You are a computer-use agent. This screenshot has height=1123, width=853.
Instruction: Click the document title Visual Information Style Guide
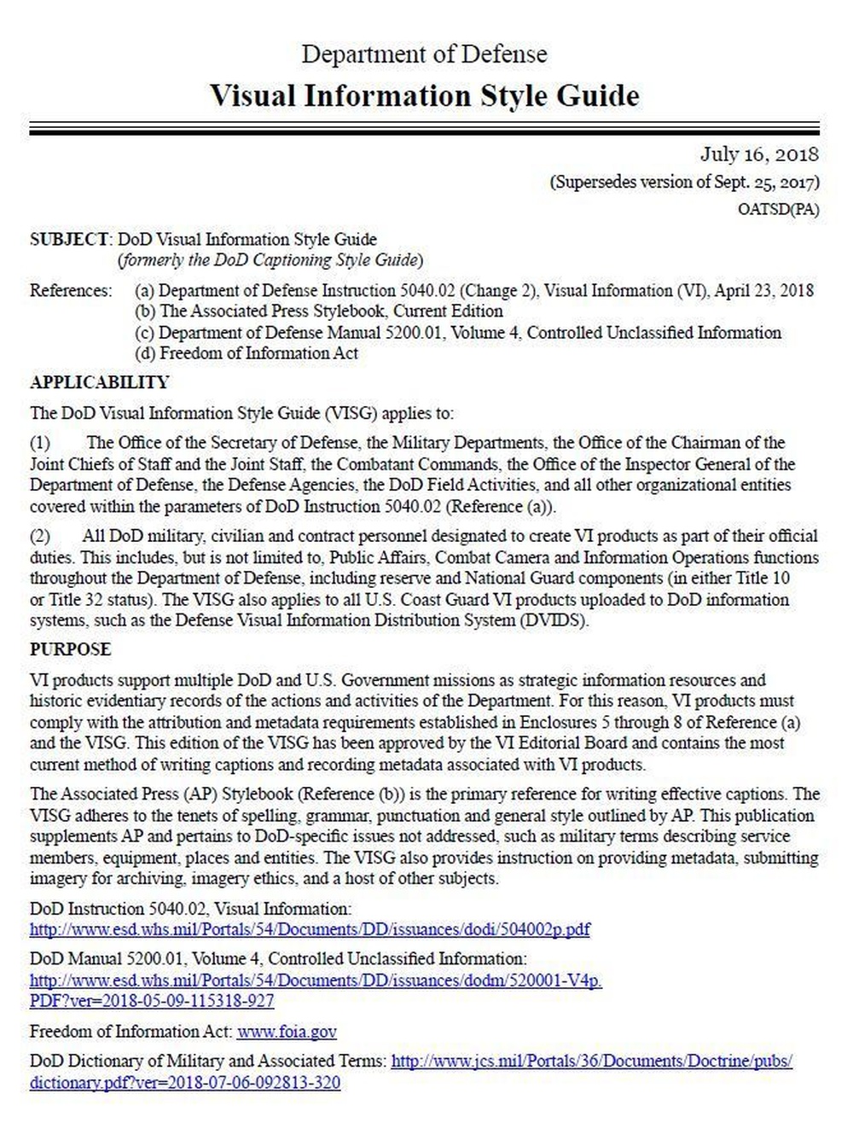424,95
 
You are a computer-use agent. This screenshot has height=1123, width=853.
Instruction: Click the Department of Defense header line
424,54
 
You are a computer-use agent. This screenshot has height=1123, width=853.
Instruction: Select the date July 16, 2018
759,154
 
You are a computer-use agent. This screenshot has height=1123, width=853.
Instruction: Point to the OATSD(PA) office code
778,210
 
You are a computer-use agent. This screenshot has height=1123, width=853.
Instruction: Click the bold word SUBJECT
69,239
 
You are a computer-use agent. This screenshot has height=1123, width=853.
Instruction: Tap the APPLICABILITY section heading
100,382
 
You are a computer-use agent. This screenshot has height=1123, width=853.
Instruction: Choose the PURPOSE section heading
71,649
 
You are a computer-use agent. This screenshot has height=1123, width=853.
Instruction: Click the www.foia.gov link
287,1032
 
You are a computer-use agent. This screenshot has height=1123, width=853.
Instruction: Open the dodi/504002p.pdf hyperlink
310,929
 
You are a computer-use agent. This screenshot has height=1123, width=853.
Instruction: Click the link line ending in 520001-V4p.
316,980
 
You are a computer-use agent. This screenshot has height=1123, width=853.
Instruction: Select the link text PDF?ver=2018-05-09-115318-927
152,1000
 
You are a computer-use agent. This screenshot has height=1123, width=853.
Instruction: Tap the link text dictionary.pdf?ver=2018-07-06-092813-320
185,1083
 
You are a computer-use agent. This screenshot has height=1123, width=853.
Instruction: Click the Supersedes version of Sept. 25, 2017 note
685,182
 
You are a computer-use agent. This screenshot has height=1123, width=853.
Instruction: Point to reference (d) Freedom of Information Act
247,352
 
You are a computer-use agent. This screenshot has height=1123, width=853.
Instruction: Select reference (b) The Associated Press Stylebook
319,311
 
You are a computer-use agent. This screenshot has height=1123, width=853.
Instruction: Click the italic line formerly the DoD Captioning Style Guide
270,259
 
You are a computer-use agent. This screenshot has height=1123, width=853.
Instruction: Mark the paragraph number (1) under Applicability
40,443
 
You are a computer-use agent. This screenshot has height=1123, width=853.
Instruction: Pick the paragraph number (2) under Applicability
40,537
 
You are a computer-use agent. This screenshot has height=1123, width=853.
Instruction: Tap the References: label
71,291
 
